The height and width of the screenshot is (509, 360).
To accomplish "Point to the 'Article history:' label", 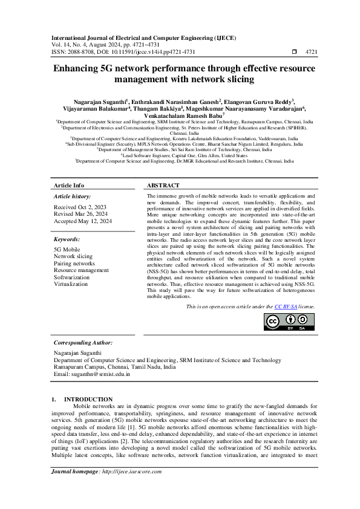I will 73,196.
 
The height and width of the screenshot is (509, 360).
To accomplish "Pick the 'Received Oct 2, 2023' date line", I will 80,207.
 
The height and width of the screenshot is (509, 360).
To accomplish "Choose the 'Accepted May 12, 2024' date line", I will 83,221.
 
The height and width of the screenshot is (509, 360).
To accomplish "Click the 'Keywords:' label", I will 67,239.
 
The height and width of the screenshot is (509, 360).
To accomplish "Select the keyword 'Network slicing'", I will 73,257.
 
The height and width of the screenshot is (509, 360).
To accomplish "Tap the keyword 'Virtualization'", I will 71,284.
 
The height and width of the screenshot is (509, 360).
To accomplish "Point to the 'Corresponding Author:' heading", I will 83,343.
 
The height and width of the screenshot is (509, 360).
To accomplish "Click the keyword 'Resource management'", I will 81,270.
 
